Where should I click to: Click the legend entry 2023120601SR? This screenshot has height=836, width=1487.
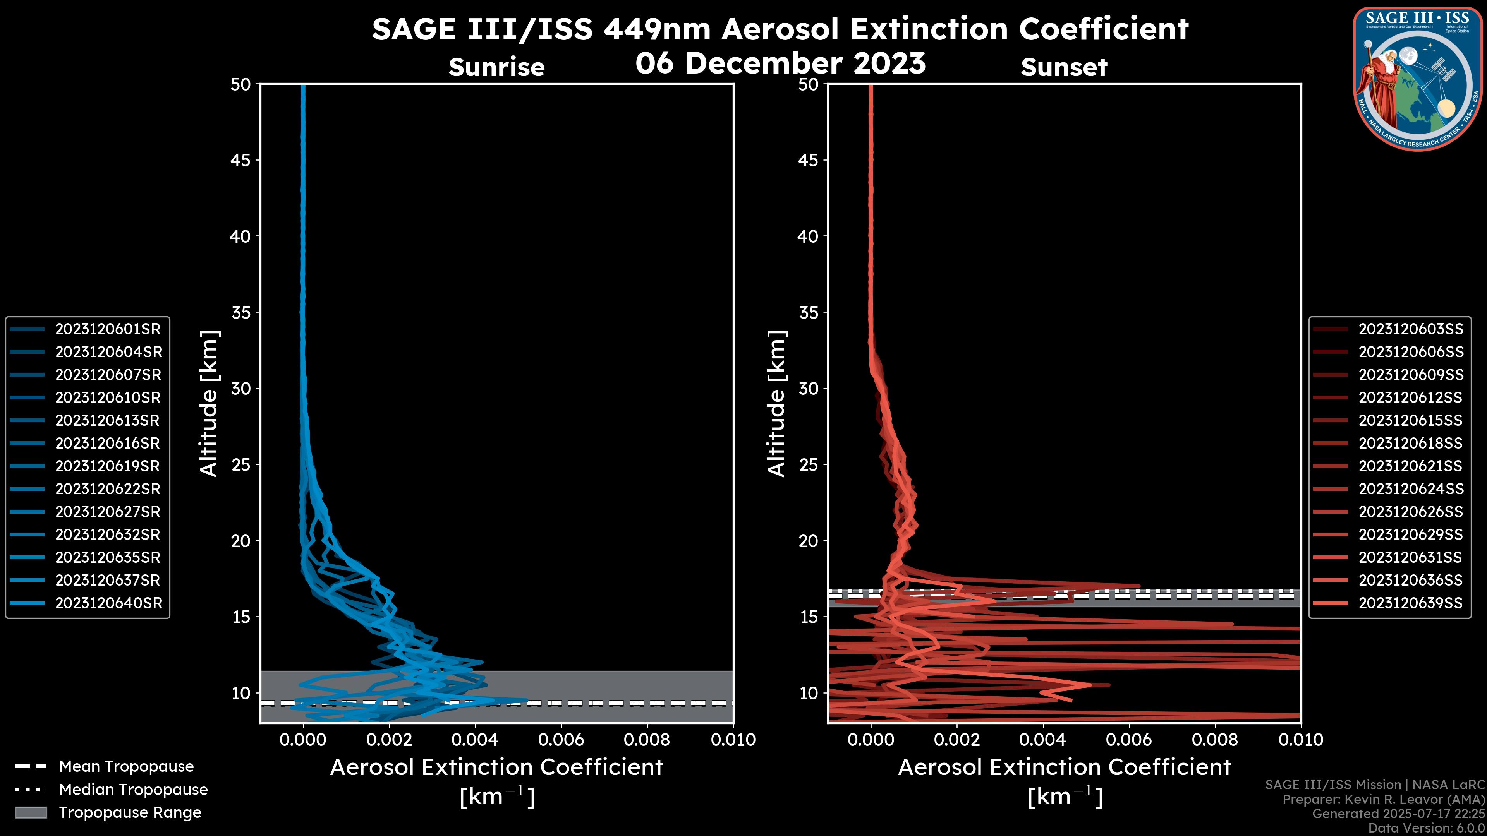pos(108,329)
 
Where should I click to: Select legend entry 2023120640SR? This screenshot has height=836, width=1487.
pos(108,603)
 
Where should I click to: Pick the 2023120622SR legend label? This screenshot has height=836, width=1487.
pos(108,489)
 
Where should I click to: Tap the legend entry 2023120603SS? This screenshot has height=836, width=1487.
pos(1411,329)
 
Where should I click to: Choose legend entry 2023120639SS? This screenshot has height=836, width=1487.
pos(1410,603)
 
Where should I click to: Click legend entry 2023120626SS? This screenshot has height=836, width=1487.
pos(1411,512)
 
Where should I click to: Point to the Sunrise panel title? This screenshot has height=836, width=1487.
pos(496,67)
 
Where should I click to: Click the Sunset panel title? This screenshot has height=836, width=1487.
pos(1064,67)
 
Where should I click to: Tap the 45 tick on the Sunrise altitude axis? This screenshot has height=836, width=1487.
pos(241,160)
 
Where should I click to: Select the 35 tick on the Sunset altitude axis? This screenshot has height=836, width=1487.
pos(809,312)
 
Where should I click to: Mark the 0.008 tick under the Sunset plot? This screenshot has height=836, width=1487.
pos(1215,740)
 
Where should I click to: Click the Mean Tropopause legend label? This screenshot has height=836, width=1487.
pos(126,766)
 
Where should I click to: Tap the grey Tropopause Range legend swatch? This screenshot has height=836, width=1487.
pos(31,812)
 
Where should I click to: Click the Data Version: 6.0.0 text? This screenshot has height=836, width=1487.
pos(1427,828)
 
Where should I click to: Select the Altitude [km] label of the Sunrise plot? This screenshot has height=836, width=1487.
pos(208,403)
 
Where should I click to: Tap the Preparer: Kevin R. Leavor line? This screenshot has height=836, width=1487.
pos(1383,799)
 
